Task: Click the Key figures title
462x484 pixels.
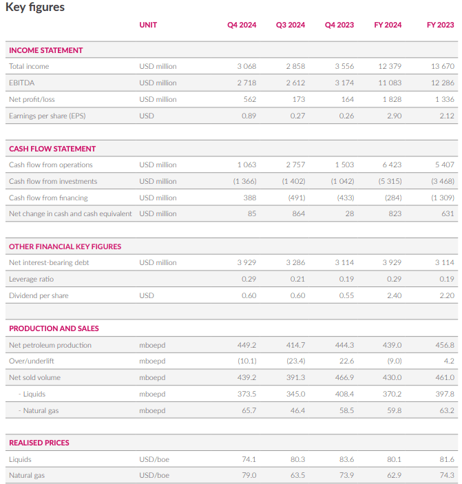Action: pyautogui.click(x=35, y=8)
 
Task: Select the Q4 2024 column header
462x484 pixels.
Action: pyautogui.click(x=242, y=25)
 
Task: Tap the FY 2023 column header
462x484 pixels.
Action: pyautogui.click(x=440, y=25)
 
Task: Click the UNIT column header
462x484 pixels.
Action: pyautogui.click(x=148, y=25)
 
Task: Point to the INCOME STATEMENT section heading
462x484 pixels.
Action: pyautogui.click(x=45, y=50)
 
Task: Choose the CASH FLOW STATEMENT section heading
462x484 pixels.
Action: pyautogui.click(x=52, y=149)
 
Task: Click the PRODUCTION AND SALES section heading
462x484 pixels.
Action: pyautogui.click(x=54, y=328)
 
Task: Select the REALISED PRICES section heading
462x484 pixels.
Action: pyautogui.click(x=39, y=443)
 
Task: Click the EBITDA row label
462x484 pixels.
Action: pyautogui.click(x=21, y=83)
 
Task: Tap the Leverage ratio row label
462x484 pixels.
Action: pyautogui.click(x=31, y=279)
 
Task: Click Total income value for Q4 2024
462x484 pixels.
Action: pyautogui.click(x=246, y=66)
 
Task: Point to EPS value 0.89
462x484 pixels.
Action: pyautogui.click(x=249, y=116)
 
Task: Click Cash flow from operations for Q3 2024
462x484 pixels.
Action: pyautogui.click(x=295, y=165)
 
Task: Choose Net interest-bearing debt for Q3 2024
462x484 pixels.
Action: pyautogui.click(x=295, y=262)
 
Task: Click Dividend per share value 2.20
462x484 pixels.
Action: pyautogui.click(x=447, y=295)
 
